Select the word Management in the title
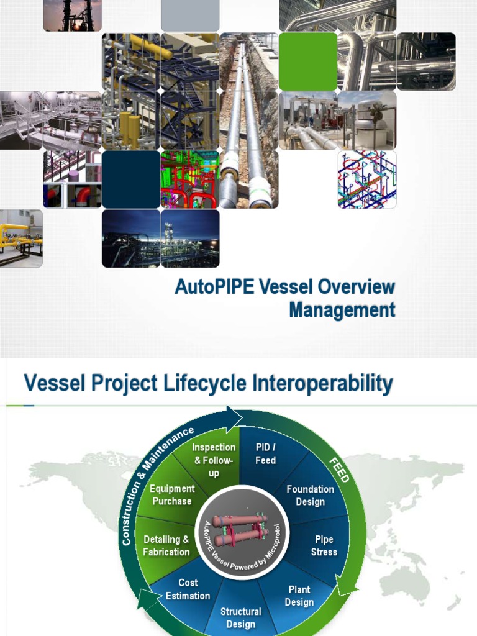(x=342, y=310)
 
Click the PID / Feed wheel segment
(x=265, y=453)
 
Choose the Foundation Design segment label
(x=310, y=495)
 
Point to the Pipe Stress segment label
(x=324, y=545)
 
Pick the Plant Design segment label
(x=299, y=596)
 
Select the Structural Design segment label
(x=241, y=617)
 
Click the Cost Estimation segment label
(x=188, y=589)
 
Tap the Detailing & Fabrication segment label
(x=166, y=545)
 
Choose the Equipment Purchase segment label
(x=172, y=495)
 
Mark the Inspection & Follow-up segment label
(x=214, y=460)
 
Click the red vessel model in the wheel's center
(x=240, y=529)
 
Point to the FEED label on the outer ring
(x=338, y=470)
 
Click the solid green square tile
(x=308, y=61)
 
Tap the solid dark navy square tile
(x=131, y=179)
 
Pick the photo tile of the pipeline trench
(x=249, y=120)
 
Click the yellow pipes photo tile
(x=21, y=238)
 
